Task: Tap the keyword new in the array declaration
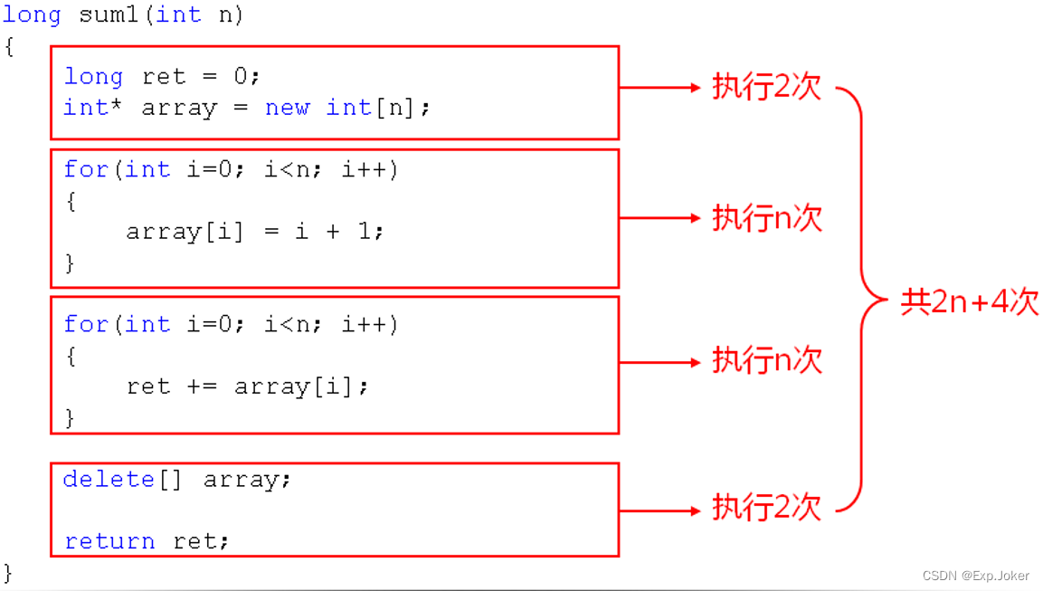click(288, 108)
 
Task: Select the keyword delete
click(109, 479)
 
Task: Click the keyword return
click(110, 541)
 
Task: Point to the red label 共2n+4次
click(970, 301)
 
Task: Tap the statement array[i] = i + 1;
click(255, 232)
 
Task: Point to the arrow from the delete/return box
click(659, 511)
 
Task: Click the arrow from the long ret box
click(659, 88)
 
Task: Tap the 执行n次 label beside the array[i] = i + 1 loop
click(767, 218)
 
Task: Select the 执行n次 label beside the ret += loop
click(767, 360)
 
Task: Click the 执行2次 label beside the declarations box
click(767, 87)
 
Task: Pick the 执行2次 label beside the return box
click(767, 508)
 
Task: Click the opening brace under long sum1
click(9, 46)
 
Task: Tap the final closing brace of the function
click(9, 572)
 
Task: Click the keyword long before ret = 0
click(93, 77)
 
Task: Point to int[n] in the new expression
click(371, 108)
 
